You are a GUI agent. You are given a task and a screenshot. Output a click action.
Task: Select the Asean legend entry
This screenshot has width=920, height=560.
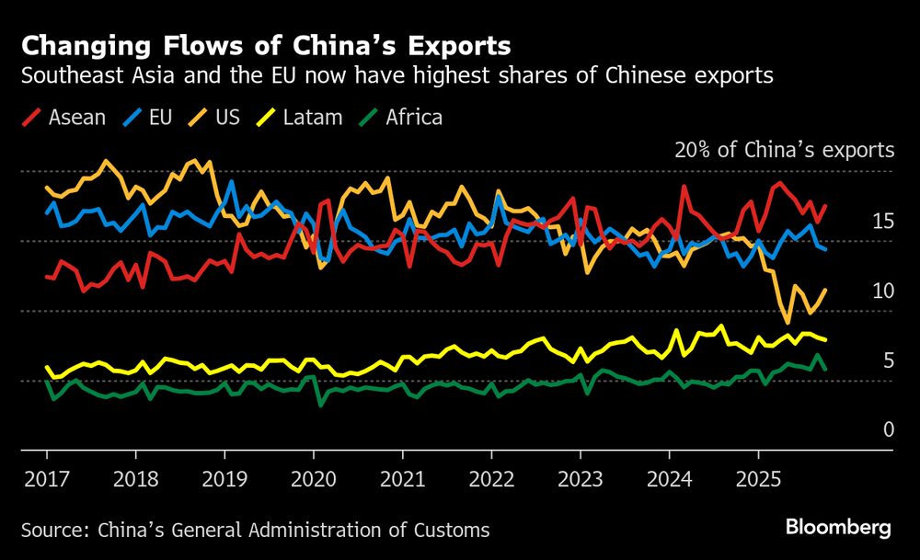click(x=66, y=118)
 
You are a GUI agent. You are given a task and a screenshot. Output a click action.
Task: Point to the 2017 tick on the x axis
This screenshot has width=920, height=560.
click(x=47, y=480)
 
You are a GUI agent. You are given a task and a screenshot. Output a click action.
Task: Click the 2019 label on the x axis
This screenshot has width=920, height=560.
click(x=224, y=480)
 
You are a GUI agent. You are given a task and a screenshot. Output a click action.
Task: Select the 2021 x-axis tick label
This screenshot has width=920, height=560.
click(x=402, y=480)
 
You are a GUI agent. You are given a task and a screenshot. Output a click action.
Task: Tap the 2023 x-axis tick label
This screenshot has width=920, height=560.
click(x=580, y=480)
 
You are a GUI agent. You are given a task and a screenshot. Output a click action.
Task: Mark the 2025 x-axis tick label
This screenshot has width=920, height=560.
click(x=757, y=480)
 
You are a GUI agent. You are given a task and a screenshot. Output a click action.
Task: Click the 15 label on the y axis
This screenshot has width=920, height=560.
click(x=882, y=221)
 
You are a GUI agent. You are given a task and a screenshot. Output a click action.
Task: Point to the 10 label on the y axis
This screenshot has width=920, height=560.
click(x=882, y=291)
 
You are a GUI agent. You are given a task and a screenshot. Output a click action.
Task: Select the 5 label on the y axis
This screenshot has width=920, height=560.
click(x=888, y=360)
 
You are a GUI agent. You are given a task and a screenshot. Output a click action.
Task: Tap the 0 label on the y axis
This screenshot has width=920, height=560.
click(x=888, y=429)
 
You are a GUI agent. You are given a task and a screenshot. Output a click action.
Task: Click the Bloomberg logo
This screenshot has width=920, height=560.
click(x=838, y=528)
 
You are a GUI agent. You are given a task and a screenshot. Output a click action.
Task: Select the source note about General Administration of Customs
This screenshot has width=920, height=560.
click(x=255, y=530)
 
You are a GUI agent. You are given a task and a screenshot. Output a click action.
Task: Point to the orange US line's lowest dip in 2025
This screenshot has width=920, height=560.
click(x=788, y=322)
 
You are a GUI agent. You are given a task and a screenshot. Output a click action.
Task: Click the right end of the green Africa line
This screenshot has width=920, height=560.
click(x=824, y=369)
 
